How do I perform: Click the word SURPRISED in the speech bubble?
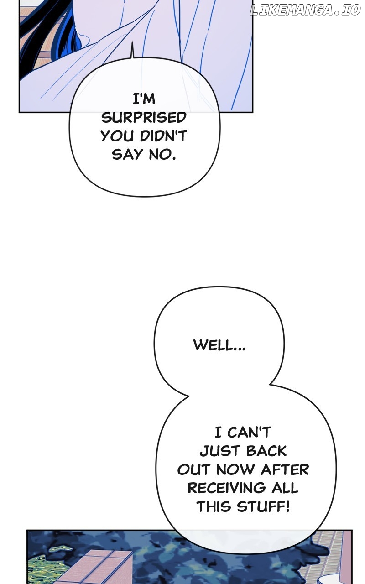pyautogui.click(x=144, y=118)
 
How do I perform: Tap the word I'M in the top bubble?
pyautogui.click(x=144, y=99)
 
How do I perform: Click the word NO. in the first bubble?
pyautogui.click(x=162, y=154)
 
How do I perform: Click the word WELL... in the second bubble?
pyautogui.click(x=219, y=345)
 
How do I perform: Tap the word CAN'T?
pyautogui.click(x=249, y=432)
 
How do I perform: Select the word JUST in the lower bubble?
pyautogui.click(x=219, y=451)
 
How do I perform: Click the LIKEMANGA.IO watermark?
pyautogui.click(x=305, y=10)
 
